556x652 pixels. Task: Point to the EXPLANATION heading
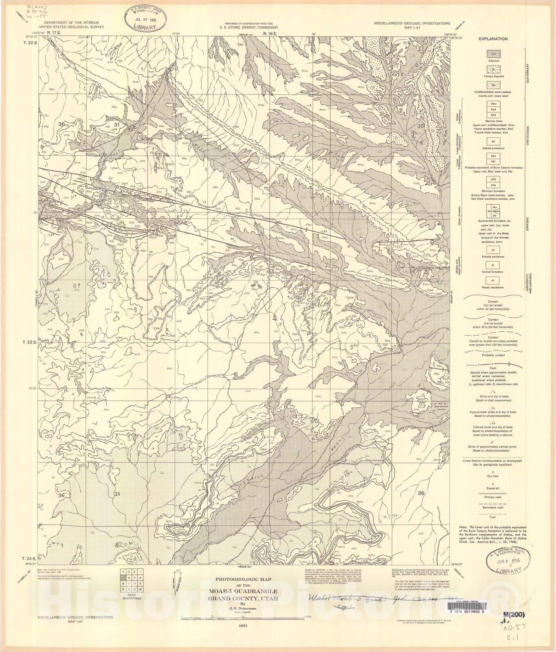pyautogui.click(x=493, y=39)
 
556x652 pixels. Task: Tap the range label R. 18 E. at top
pyautogui.click(x=269, y=34)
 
